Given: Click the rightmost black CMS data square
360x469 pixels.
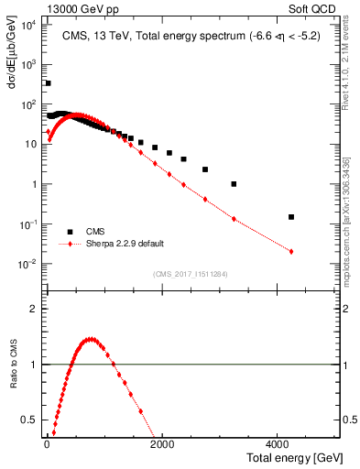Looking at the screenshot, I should pyautogui.click(x=291, y=217).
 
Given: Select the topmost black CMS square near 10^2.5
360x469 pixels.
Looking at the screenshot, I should pyautogui.click(x=48, y=82).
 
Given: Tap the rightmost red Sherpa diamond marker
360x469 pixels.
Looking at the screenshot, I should pyautogui.click(x=291, y=251).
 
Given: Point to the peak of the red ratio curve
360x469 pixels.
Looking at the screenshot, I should pyautogui.click(x=90, y=339).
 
